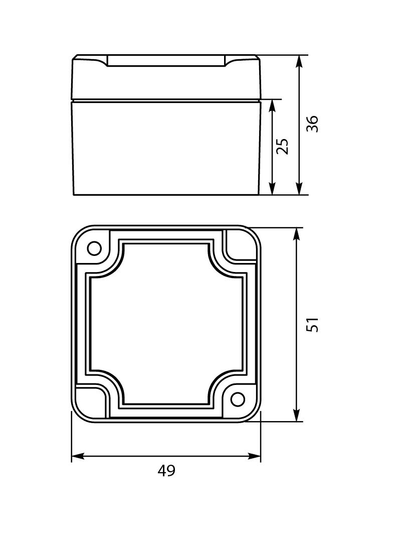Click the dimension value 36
pyautogui.click(x=312, y=123)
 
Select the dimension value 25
pyautogui.click(x=283, y=146)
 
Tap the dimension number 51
pyautogui.click(x=312, y=324)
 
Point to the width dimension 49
pyautogui.click(x=166, y=471)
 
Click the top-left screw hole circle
pyautogui.click(x=94, y=248)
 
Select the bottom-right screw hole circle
pyautogui.click(x=238, y=399)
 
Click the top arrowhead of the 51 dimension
pyautogui.click(x=297, y=234)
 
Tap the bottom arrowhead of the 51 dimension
pyautogui.click(x=297, y=415)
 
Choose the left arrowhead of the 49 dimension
pyautogui.click(x=78, y=456)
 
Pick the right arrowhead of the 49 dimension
pyautogui.click(x=254, y=456)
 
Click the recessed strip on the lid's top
pyautogui.click(x=166, y=61)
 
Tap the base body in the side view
pyautogui.click(x=166, y=148)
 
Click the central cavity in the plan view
pyautogui.click(x=166, y=324)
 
